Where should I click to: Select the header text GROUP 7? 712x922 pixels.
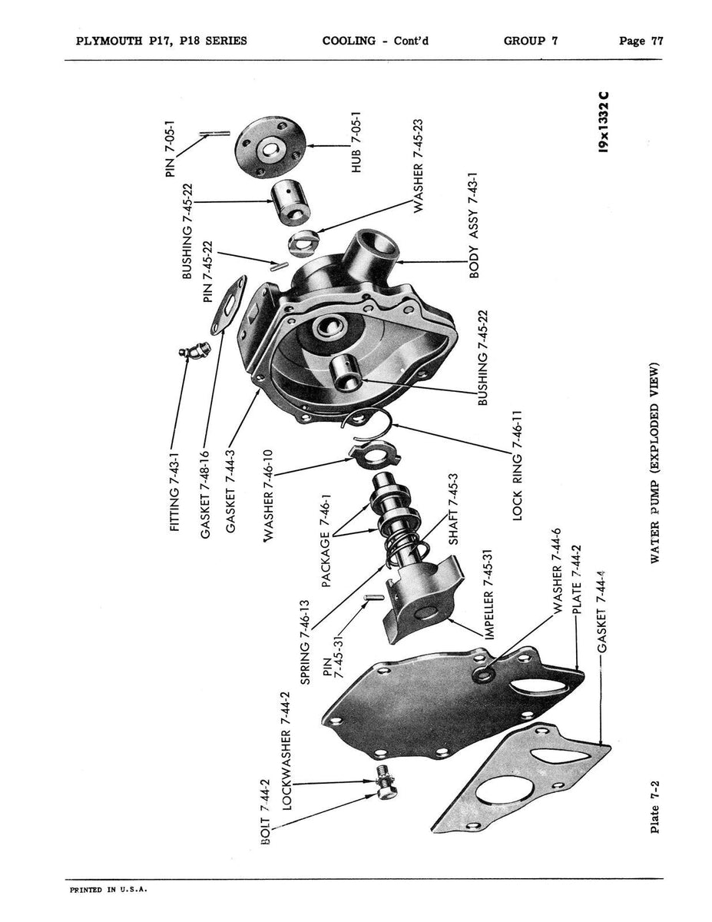coord(530,41)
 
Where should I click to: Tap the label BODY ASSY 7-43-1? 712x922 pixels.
coord(473,224)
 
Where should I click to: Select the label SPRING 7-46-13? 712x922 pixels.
coord(304,642)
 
